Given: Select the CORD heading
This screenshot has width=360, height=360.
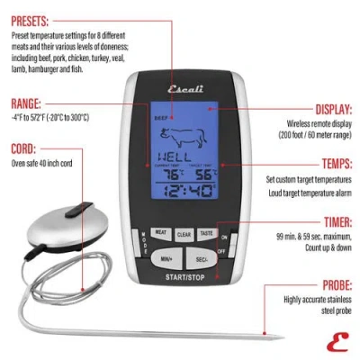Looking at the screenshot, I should [22, 147].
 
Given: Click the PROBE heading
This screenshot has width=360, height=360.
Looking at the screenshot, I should [329, 292].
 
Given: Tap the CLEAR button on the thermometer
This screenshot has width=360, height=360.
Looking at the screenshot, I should [184, 234].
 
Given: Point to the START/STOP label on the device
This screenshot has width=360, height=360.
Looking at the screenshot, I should [184, 278].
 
